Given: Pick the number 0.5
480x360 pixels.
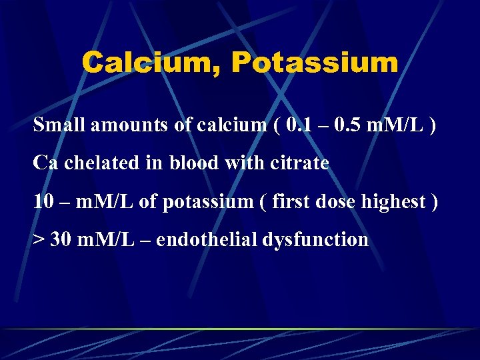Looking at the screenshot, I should point(351,125).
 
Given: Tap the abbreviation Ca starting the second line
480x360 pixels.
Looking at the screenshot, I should point(45,163).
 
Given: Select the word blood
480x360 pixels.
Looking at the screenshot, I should point(194,163).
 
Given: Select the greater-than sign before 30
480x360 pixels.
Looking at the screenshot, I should point(38,239).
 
